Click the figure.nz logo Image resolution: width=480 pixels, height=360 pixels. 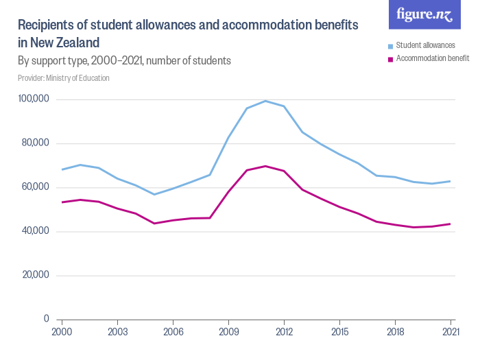tap(424, 15)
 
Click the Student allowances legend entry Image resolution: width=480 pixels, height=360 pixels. tap(425, 46)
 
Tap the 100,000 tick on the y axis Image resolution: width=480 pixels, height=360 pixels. tap(34, 99)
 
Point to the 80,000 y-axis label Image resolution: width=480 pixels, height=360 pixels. tap(35, 143)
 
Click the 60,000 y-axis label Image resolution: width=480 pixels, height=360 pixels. tap(35, 187)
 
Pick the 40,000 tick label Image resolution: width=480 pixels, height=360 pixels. tap(35, 231)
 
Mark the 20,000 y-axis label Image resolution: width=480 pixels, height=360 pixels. tap(35, 275)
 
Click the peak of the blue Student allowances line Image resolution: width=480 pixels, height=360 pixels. tap(265, 101)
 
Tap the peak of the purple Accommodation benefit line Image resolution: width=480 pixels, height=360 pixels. tap(265, 166)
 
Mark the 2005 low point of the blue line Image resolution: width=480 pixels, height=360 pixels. tap(154, 194)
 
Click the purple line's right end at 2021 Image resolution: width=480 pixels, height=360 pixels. tap(450, 224)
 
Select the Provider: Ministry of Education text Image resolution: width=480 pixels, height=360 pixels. tap(64, 78)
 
